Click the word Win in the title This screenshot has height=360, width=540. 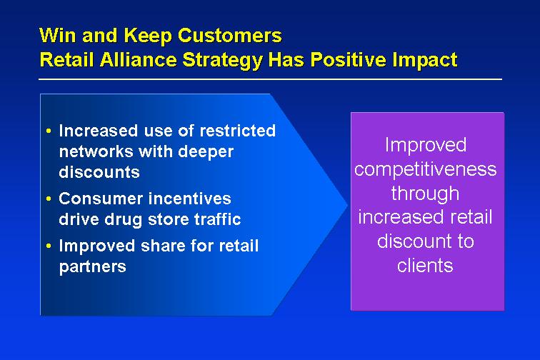point(58,35)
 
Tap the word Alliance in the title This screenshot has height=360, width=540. point(139,59)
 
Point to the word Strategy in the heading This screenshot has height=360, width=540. point(222,60)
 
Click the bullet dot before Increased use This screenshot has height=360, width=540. point(49,131)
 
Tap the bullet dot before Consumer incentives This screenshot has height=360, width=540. point(49,199)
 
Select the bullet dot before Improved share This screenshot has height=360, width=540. point(49,246)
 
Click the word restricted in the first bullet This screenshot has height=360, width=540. point(238,131)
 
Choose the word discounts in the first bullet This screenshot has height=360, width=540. point(99,172)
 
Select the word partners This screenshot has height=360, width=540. point(93,267)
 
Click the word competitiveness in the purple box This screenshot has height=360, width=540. point(426,169)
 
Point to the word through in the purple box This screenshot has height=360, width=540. point(425,194)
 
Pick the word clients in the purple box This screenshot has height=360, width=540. point(425,265)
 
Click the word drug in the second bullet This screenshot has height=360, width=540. point(124,220)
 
